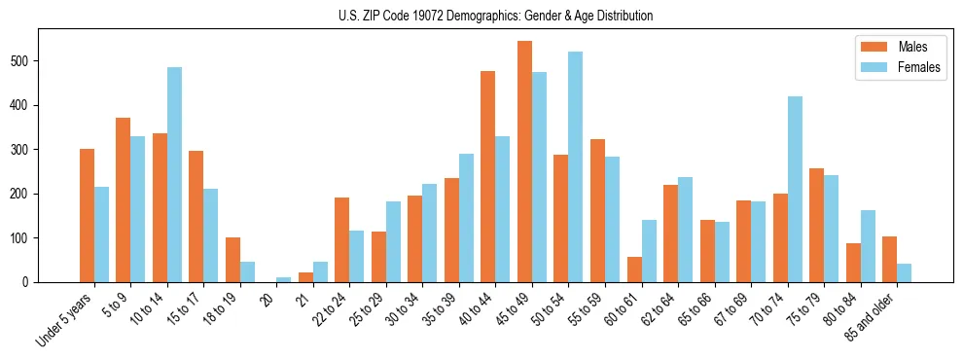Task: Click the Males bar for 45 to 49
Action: (x=524, y=162)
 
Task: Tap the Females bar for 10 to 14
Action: (x=174, y=174)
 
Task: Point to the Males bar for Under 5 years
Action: (x=87, y=215)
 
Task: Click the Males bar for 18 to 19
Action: (x=232, y=260)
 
